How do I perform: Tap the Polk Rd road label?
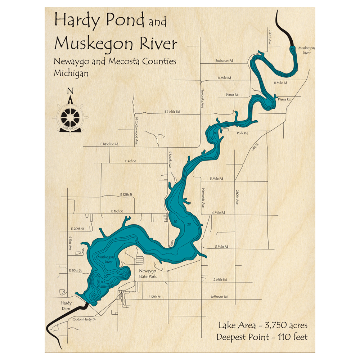click(242, 133)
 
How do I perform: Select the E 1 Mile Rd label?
click(171, 112)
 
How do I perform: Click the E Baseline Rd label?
click(109, 144)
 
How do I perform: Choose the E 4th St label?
click(130, 161)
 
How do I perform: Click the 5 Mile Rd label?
click(216, 179)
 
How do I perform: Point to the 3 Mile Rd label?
click(222, 247)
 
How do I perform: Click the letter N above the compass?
click(71, 90)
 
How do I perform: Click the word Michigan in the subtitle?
click(71, 73)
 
